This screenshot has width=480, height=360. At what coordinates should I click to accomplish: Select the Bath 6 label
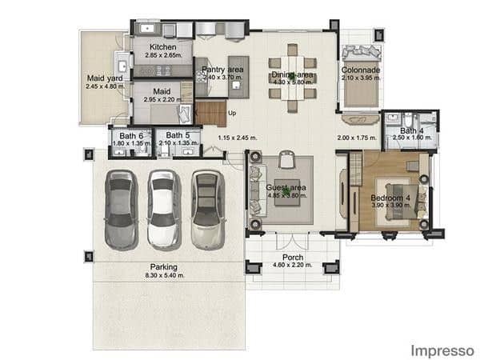click(x=131, y=136)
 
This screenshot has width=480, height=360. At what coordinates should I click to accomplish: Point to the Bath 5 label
click(x=178, y=136)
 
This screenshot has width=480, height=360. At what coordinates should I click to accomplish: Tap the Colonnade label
click(x=360, y=70)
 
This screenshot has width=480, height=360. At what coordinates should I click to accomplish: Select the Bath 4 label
click(x=412, y=130)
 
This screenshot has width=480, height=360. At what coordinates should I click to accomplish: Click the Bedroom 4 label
click(x=391, y=198)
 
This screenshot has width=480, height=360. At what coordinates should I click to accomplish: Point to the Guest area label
click(x=282, y=187)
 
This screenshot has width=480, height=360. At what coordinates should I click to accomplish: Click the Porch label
click(x=293, y=257)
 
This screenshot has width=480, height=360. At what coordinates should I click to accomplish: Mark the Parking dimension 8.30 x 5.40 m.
click(x=165, y=275)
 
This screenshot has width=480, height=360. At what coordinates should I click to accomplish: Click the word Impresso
click(x=442, y=350)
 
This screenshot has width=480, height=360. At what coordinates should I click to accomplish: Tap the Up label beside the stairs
click(x=232, y=113)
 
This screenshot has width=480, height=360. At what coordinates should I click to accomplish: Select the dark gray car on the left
click(x=122, y=210)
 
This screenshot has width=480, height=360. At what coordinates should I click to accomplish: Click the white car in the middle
click(x=164, y=210)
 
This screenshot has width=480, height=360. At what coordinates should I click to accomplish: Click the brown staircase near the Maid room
click(x=211, y=113)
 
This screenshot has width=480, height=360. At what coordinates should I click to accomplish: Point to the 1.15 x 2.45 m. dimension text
click(x=238, y=138)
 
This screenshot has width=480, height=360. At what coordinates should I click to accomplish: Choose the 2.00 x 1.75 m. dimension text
click(x=356, y=138)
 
